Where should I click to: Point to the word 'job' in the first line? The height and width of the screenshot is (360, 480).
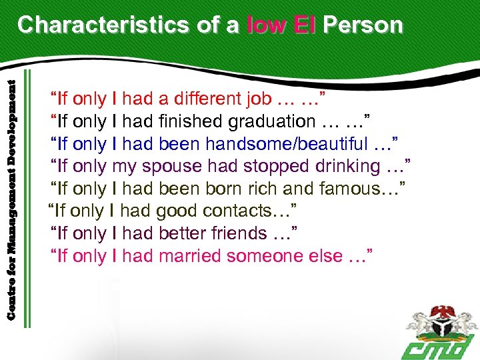258,99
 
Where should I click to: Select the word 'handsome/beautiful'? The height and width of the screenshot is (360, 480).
287,144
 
